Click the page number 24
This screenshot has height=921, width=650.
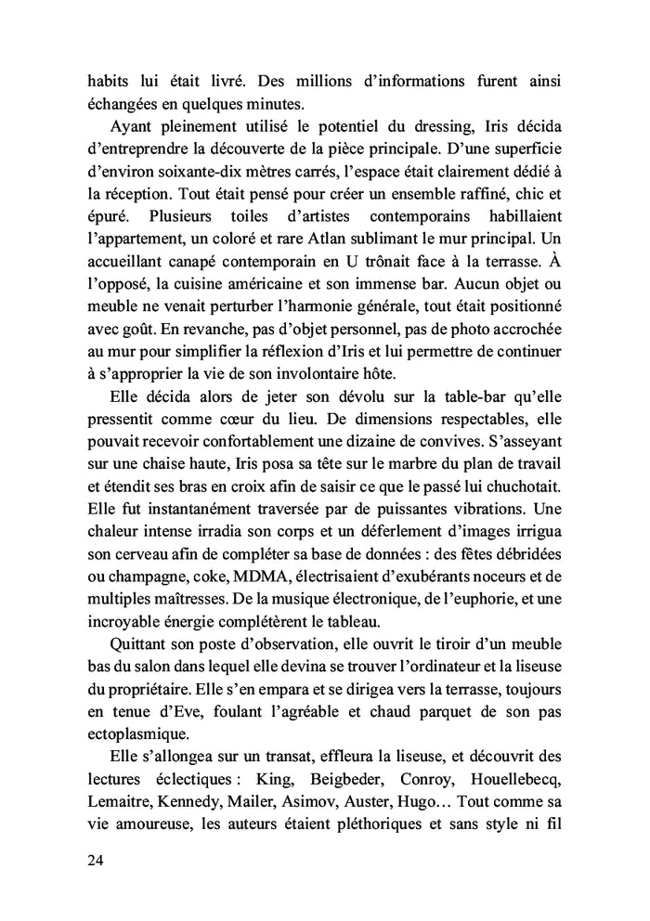coord(96,860)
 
